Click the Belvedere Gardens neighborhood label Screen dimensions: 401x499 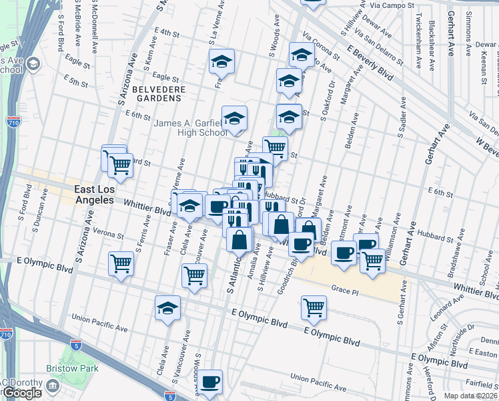(156, 93)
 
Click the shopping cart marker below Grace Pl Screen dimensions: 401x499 (314, 307)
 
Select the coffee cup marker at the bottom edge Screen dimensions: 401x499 (211, 382)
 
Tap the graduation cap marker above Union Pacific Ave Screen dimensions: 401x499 (168, 307)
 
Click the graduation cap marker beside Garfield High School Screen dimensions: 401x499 (234, 118)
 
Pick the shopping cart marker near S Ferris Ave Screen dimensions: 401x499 (120, 264)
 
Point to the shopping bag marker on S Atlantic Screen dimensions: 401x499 (239, 239)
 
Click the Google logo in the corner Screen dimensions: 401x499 (21, 393)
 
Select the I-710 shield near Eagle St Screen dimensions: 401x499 (13, 122)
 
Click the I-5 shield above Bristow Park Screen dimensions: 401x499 (76, 346)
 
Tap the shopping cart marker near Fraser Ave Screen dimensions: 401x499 (194, 275)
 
